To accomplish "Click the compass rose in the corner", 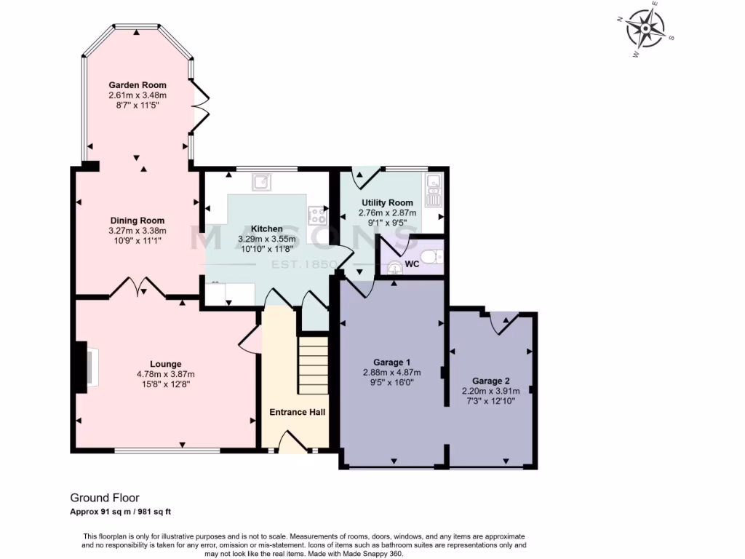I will tap(646, 30).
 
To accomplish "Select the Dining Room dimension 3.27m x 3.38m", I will tap(138, 231).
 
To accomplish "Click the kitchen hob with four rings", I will tap(318, 215).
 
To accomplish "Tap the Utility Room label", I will tap(387, 202).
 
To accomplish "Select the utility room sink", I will tap(435, 189).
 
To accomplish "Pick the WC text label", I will tap(412, 264).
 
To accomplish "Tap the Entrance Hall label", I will tap(297, 412).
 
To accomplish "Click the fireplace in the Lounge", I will tap(86, 365).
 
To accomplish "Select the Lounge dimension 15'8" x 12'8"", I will tap(166, 385).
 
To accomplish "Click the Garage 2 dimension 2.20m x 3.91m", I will tap(490, 391).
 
